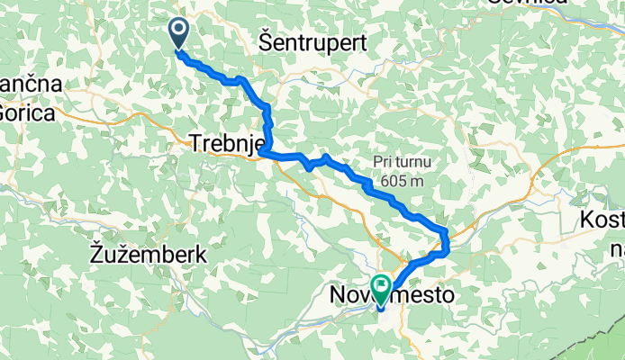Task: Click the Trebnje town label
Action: pos(226,142)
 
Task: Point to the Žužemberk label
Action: pos(149,255)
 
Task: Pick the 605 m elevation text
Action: pos(403,181)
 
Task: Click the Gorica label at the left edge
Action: pos(26,112)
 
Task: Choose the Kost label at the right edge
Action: pos(602,220)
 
